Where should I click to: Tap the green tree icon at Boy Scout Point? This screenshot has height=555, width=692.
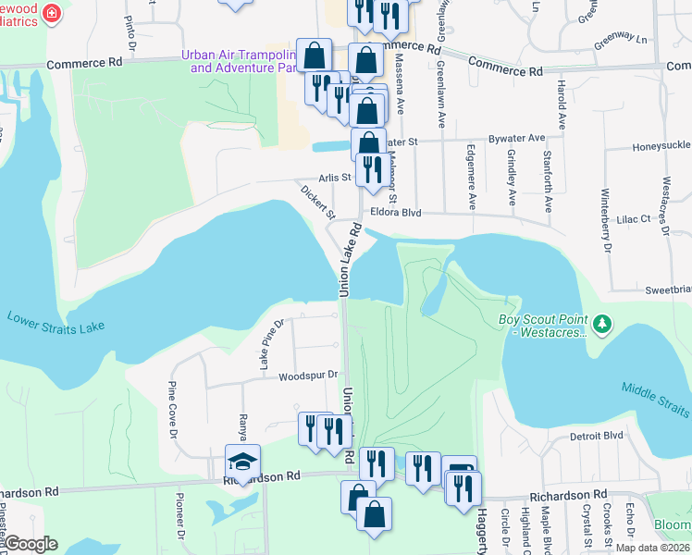[602, 323]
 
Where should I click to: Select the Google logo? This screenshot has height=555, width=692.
[31, 544]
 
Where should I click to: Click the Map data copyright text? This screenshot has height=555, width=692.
[653, 548]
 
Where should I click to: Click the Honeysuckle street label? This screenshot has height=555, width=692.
[661, 146]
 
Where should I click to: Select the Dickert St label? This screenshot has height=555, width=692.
[316, 201]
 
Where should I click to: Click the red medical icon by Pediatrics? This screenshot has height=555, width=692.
[50, 13]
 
